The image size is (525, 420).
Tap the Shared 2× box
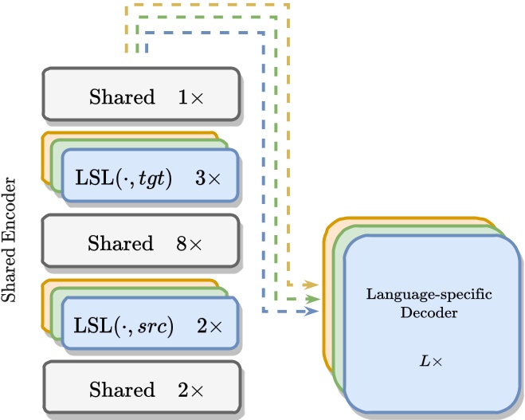click(140, 390)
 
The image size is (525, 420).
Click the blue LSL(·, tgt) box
click(150, 178)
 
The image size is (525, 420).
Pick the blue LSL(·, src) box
click(150, 324)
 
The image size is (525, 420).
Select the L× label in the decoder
click(429, 361)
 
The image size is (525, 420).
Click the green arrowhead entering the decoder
click(314, 297)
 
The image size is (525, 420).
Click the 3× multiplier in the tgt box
click(210, 178)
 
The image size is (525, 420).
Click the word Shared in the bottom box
click(121, 390)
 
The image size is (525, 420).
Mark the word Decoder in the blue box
click(429, 313)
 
